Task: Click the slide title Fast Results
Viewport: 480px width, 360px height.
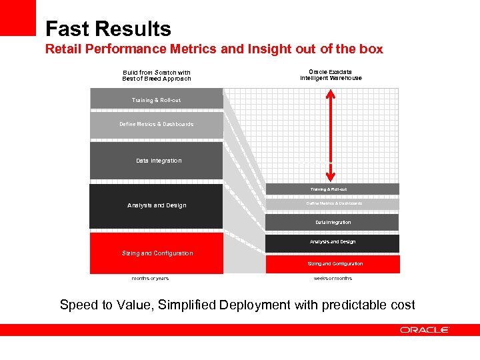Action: pyautogui.click(x=108, y=29)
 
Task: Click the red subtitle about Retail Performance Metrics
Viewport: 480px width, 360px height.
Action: pyautogui.click(x=214, y=49)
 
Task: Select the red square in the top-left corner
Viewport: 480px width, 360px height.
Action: pyautogui.click(x=17, y=17)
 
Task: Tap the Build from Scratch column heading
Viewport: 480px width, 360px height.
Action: pyautogui.click(x=157, y=75)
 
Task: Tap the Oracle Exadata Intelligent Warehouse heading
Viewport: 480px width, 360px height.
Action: pyautogui.click(x=331, y=75)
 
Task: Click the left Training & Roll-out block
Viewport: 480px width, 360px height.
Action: pyautogui.click(x=156, y=99)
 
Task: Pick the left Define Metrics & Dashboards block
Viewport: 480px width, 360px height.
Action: pyautogui.click(x=156, y=125)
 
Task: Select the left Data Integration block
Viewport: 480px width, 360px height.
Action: pyautogui.click(x=156, y=161)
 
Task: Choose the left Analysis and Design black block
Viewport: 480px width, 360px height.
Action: pyautogui.click(x=156, y=205)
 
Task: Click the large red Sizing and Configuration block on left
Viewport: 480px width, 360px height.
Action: pyautogui.click(x=156, y=253)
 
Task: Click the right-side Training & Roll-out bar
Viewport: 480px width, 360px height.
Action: pyautogui.click(x=332, y=189)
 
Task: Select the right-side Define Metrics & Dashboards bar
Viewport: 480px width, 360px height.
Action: pyautogui.click(x=332, y=204)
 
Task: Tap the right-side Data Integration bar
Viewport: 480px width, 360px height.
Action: pyautogui.click(x=332, y=222)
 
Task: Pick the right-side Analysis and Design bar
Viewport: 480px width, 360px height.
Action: pyautogui.click(x=332, y=242)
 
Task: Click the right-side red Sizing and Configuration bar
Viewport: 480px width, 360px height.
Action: pyautogui.click(x=332, y=264)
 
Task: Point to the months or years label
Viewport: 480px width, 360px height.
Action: pyautogui.click(x=150, y=278)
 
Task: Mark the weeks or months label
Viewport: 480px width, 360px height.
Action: pyautogui.click(x=333, y=278)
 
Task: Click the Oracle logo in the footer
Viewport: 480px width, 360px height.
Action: pyautogui.click(x=425, y=330)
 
